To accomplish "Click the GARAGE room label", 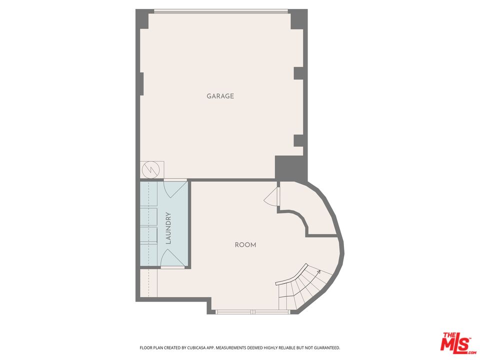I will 220,96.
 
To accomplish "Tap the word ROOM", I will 245,245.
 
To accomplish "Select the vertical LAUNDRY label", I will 168,228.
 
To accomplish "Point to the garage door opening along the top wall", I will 220,11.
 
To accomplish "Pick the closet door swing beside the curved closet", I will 271,197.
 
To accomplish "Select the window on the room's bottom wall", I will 253,312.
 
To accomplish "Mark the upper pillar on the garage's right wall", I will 298,73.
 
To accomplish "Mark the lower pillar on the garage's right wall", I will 298,140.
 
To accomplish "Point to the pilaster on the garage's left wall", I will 142,83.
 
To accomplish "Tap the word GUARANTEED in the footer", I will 326,347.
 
